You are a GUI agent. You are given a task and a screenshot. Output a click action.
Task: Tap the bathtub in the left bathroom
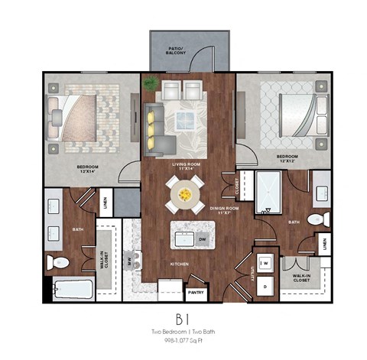pyautogui.click(x=73, y=290)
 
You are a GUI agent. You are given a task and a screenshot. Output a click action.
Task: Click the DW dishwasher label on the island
pyautogui.click(x=203, y=239)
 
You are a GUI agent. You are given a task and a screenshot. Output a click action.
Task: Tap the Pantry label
pyautogui.click(x=196, y=291)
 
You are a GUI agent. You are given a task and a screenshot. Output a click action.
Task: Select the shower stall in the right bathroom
pyautogui.click(x=270, y=191)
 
